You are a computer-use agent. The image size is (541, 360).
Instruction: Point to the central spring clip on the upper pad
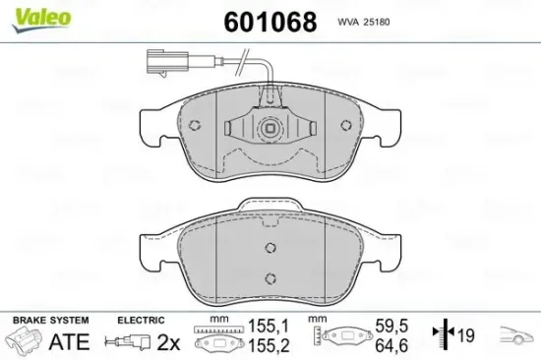(270, 129)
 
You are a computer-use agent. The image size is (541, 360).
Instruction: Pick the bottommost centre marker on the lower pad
(270, 278)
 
